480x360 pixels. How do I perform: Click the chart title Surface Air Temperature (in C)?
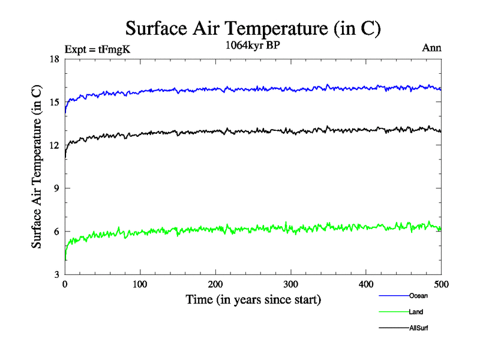253,28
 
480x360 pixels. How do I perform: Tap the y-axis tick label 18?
54,59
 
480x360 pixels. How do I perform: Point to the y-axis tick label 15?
54,103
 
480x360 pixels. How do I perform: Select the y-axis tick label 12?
54,145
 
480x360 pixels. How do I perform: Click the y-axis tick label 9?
56,188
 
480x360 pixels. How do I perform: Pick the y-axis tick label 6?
56,232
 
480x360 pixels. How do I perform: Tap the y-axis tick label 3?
56,274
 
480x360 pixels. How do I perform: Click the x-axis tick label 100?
140,285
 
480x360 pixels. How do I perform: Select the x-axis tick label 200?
215,285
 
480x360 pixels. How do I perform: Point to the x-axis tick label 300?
290,285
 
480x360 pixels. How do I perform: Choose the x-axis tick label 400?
366,285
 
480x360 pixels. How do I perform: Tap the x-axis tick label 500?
441,285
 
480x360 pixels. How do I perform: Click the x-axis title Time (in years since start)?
253,299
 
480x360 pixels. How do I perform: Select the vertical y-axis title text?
37,167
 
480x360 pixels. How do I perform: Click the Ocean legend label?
418,296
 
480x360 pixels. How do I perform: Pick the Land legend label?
416,312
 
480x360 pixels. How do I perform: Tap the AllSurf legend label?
419,328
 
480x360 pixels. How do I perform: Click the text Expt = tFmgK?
97,49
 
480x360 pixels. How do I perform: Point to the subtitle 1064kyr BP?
252,46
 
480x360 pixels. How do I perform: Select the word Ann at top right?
432,48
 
